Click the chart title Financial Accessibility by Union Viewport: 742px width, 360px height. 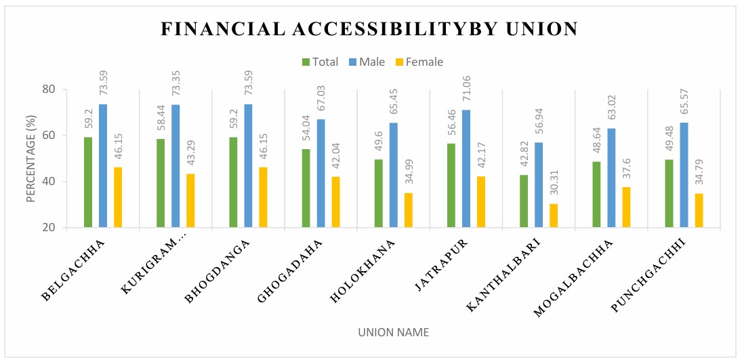pyautogui.click(x=369, y=29)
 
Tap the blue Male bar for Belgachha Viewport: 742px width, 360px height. pyautogui.click(x=103, y=166)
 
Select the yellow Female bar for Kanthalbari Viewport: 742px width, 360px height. pyautogui.click(x=554, y=216)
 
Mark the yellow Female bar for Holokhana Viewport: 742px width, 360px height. pyautogui.click(x=408, y=210)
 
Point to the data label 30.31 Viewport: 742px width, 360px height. pyautogui.click(x=554, y=184)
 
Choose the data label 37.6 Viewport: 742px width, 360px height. pyautogui.click(x=626, y=172)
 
